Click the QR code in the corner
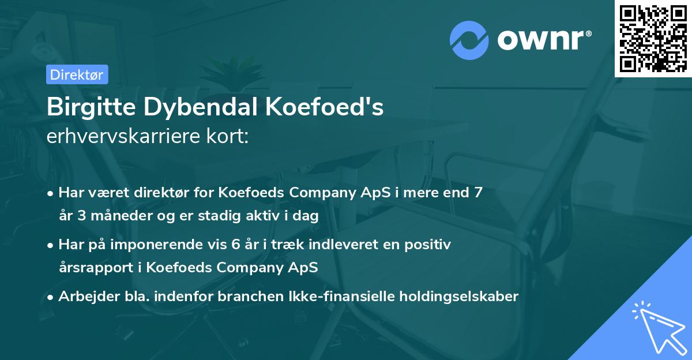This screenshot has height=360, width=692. tap(653, 38)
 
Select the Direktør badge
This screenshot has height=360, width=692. tap(77, 74)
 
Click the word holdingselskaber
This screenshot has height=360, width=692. tap(454, 297)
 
